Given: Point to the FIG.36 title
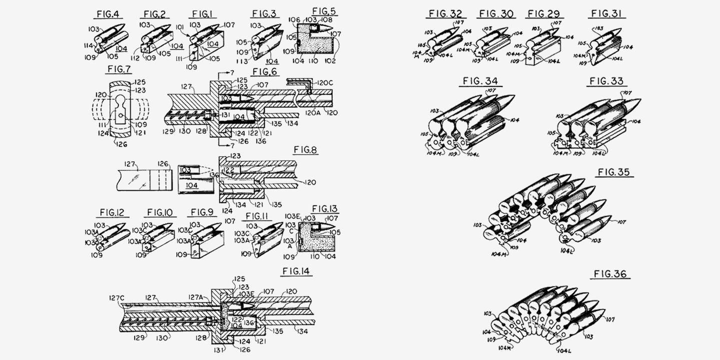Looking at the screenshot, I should (x=609, y=274).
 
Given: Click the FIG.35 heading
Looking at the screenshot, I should (x=615, y=172).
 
